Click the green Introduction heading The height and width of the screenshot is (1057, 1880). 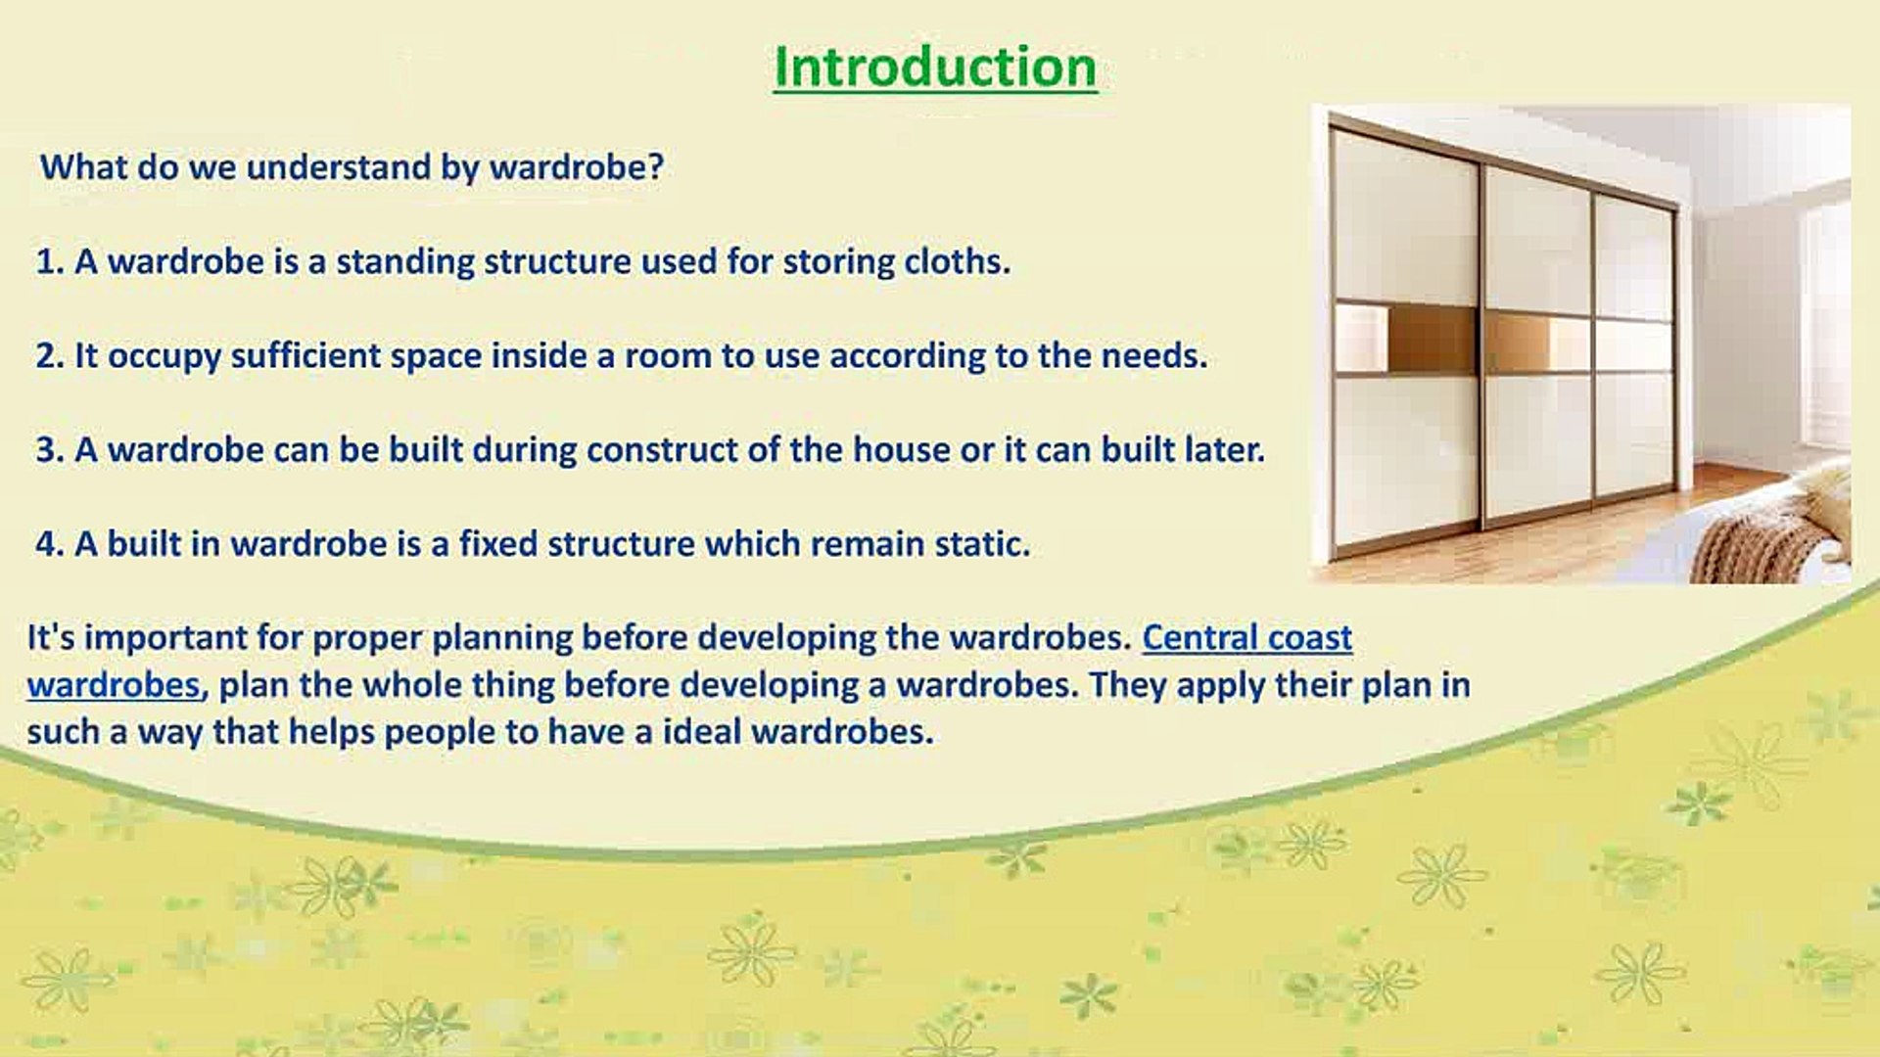tap(935, 68)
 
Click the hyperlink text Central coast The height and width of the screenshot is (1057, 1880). tap(1247, 637)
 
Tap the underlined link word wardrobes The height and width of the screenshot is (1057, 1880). tap(114, 684)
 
